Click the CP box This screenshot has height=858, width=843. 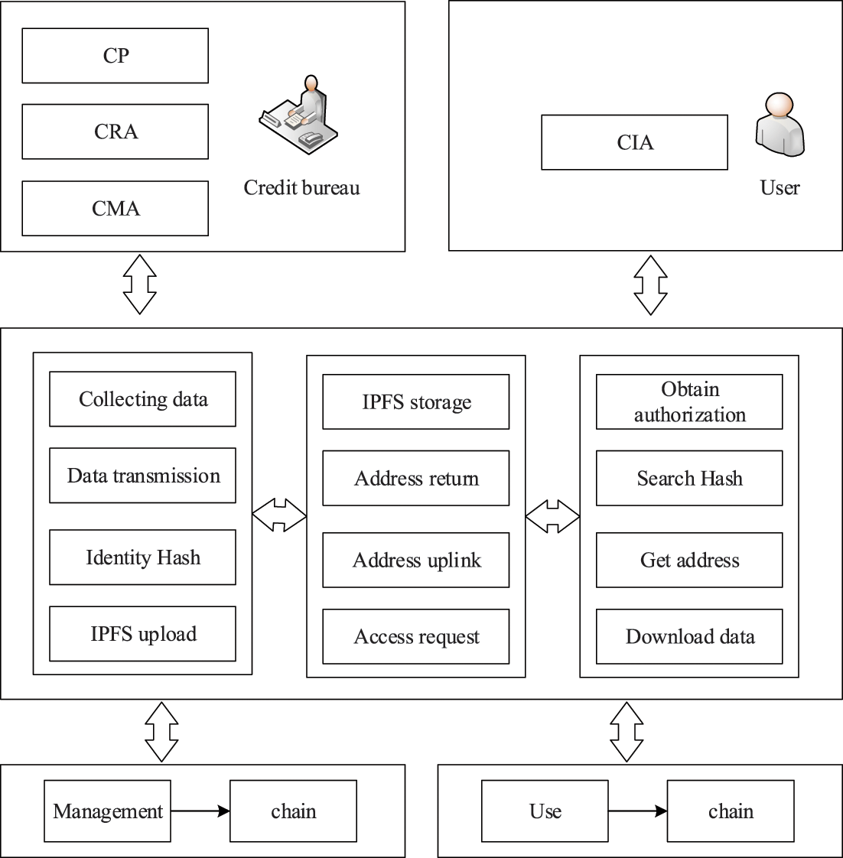point(115,56)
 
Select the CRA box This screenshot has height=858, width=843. point(115,132)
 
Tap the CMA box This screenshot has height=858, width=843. point(115,208)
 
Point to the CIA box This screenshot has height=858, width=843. point(634,142)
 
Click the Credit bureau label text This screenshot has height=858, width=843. point(301,188)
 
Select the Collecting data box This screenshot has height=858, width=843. point(142,399)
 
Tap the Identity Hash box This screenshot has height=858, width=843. point(142,557)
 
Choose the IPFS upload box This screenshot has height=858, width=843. point(142,634)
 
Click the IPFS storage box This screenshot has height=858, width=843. point(415,402)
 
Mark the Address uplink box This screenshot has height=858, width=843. point(415,561)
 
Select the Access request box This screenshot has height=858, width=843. point(415,637)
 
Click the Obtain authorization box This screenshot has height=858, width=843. point(689,402)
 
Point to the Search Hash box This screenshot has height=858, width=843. point(689,479)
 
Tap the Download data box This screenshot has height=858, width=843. point(689,637)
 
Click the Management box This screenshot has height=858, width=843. point(107,811)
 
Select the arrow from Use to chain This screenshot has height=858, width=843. point(637,811)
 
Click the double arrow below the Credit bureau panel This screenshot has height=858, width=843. point(140,284)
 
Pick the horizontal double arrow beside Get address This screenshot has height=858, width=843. point(552,516)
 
